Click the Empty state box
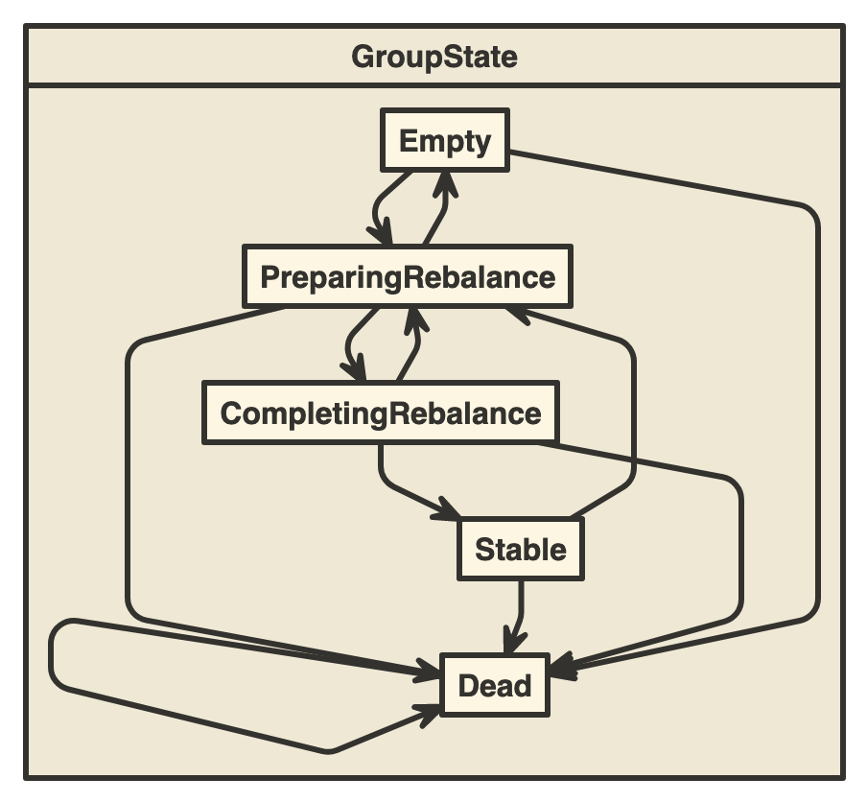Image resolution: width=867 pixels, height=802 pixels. [x=444, y=141]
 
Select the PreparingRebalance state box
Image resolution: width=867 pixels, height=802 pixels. [x=408, y=277]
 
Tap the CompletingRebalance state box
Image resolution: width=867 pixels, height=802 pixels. [x=381, y=414]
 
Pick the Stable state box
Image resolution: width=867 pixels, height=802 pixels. [x=521, y=550]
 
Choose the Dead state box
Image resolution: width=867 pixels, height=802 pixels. [x=494, y=686]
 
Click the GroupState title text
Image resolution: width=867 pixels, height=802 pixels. [x=433, y=57]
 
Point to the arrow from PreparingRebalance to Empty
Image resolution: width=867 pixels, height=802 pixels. [x=437, y=211]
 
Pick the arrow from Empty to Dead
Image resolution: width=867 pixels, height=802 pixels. [x=817, y=403]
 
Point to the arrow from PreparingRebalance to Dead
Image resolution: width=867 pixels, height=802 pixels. [x=129, y=480]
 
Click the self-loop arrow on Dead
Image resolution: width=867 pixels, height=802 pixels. [x=54, y=662]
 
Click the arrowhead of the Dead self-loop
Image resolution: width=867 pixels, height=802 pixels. [x=429, y=711]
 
